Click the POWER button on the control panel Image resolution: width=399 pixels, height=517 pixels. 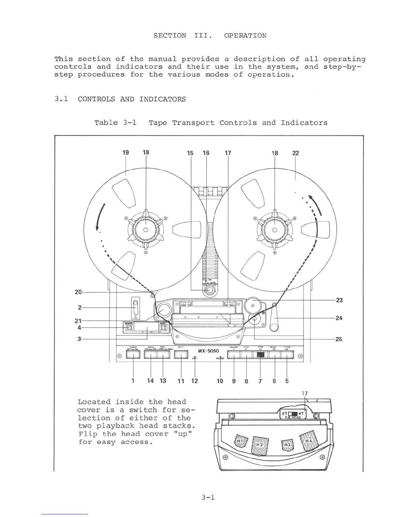[133, 354]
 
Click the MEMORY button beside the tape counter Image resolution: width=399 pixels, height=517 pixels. [129, 327]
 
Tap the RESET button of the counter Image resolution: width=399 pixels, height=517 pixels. [164, 327]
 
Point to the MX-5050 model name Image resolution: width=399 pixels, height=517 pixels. [209, 351]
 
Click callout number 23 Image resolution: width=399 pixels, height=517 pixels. [339, 300]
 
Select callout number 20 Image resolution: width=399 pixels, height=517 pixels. [78, 292]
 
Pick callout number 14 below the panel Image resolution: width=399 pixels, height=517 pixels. [151, 381]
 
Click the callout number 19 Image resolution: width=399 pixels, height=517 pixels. [126, 152]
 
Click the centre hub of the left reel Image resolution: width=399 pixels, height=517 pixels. [146, 229]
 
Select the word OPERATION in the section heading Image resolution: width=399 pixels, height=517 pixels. [245, 36]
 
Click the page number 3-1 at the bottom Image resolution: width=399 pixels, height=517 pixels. [208, 497]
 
